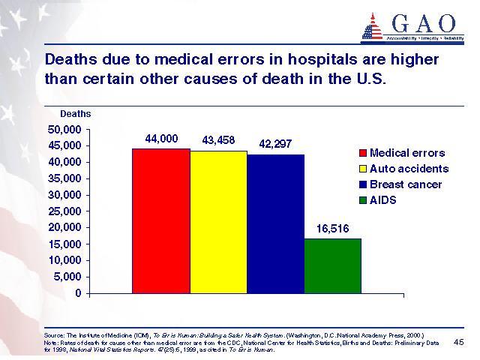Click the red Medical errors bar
[160, 220]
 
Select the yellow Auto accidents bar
[218, 222]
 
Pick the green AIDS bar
[332, 265]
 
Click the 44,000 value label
[161, 139]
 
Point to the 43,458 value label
[218, 140]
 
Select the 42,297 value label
[275, 143]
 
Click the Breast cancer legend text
[406, 184]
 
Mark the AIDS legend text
[382, 200]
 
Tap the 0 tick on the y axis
[78, 292]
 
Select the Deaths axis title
[75, 114]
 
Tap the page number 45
[459, 341]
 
